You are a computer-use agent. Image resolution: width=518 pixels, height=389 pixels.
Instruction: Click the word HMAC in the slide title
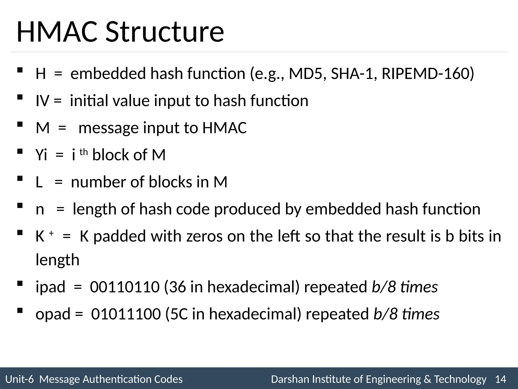57,32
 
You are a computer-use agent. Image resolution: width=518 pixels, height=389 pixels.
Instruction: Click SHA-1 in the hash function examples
352,74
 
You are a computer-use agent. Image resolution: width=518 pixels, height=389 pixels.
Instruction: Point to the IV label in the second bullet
42,101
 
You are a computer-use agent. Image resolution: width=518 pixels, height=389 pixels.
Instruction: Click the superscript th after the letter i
84,152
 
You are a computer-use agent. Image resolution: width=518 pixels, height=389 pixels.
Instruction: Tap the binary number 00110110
125,287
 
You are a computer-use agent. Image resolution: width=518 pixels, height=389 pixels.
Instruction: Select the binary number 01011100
126,314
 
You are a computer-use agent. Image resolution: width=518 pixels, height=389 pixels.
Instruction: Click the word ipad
50,287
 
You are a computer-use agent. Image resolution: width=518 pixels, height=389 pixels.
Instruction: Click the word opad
53,315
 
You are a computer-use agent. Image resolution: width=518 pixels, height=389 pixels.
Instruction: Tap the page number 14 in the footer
501,379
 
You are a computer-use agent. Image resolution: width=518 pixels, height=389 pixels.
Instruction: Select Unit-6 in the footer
19,379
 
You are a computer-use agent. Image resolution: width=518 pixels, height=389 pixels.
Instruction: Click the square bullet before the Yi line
20,151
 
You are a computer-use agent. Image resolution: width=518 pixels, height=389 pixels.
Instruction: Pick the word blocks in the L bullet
170,182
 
